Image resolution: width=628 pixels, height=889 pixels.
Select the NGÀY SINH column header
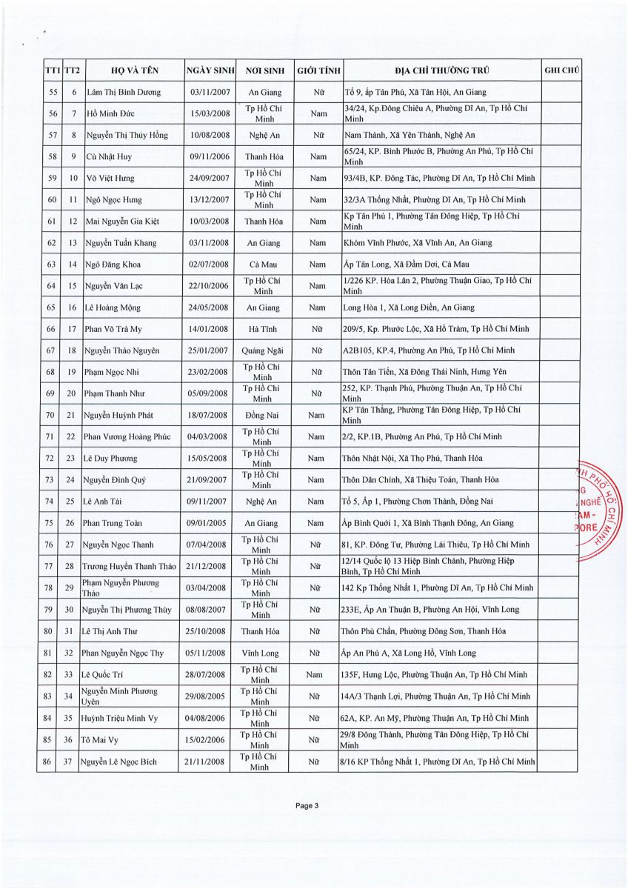pos(211,71)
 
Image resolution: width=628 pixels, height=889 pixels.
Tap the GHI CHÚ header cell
pos(561,71)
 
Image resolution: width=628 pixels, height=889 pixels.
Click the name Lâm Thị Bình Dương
pos(121,93)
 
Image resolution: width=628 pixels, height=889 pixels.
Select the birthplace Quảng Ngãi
pos(262,350)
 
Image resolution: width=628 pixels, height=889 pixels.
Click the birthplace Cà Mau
pos(262,264)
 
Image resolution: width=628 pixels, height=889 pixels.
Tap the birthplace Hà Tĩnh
pos(262,329)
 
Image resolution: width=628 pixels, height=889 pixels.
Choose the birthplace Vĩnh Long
pos(262,653)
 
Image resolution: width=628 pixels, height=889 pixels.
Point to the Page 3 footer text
pos(307,807)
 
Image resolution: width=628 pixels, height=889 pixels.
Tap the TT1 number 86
pos(50,761)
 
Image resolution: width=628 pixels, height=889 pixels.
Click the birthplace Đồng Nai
pos(262,415)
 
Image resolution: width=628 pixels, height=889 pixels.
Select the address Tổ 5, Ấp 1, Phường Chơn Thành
pos(414,502)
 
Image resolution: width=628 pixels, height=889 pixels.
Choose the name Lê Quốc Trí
pos(105,674)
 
